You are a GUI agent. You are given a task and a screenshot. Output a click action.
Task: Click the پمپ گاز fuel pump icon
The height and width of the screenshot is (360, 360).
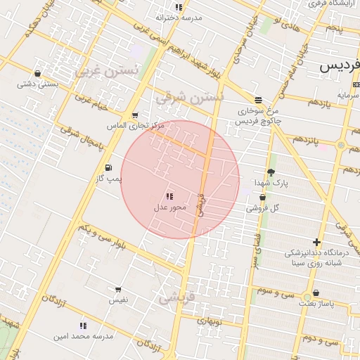108,167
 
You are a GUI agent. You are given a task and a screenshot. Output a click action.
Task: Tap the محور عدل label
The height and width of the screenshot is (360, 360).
169,208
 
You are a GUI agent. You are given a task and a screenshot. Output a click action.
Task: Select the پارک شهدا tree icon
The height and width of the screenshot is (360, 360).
271,172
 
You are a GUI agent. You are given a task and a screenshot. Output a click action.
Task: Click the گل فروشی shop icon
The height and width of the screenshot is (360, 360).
262,198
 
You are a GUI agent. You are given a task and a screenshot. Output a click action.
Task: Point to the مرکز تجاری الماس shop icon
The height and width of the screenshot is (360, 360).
134,115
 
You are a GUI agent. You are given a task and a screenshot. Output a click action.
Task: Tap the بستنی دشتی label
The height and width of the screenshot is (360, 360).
37,84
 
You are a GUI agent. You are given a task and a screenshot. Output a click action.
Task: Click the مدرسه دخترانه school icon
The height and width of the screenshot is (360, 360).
179,7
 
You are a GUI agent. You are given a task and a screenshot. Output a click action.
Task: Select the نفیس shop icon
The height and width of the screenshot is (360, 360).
117,290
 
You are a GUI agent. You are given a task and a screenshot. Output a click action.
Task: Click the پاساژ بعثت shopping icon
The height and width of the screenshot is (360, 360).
316,293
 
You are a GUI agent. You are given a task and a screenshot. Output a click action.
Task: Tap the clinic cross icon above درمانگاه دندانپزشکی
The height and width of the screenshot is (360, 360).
317,242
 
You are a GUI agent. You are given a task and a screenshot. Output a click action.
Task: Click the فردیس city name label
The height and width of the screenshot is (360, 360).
338,67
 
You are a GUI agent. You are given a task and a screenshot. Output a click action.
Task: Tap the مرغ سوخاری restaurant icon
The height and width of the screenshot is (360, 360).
258,101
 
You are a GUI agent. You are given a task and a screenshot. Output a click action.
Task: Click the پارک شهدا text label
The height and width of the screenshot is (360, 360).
271,183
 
